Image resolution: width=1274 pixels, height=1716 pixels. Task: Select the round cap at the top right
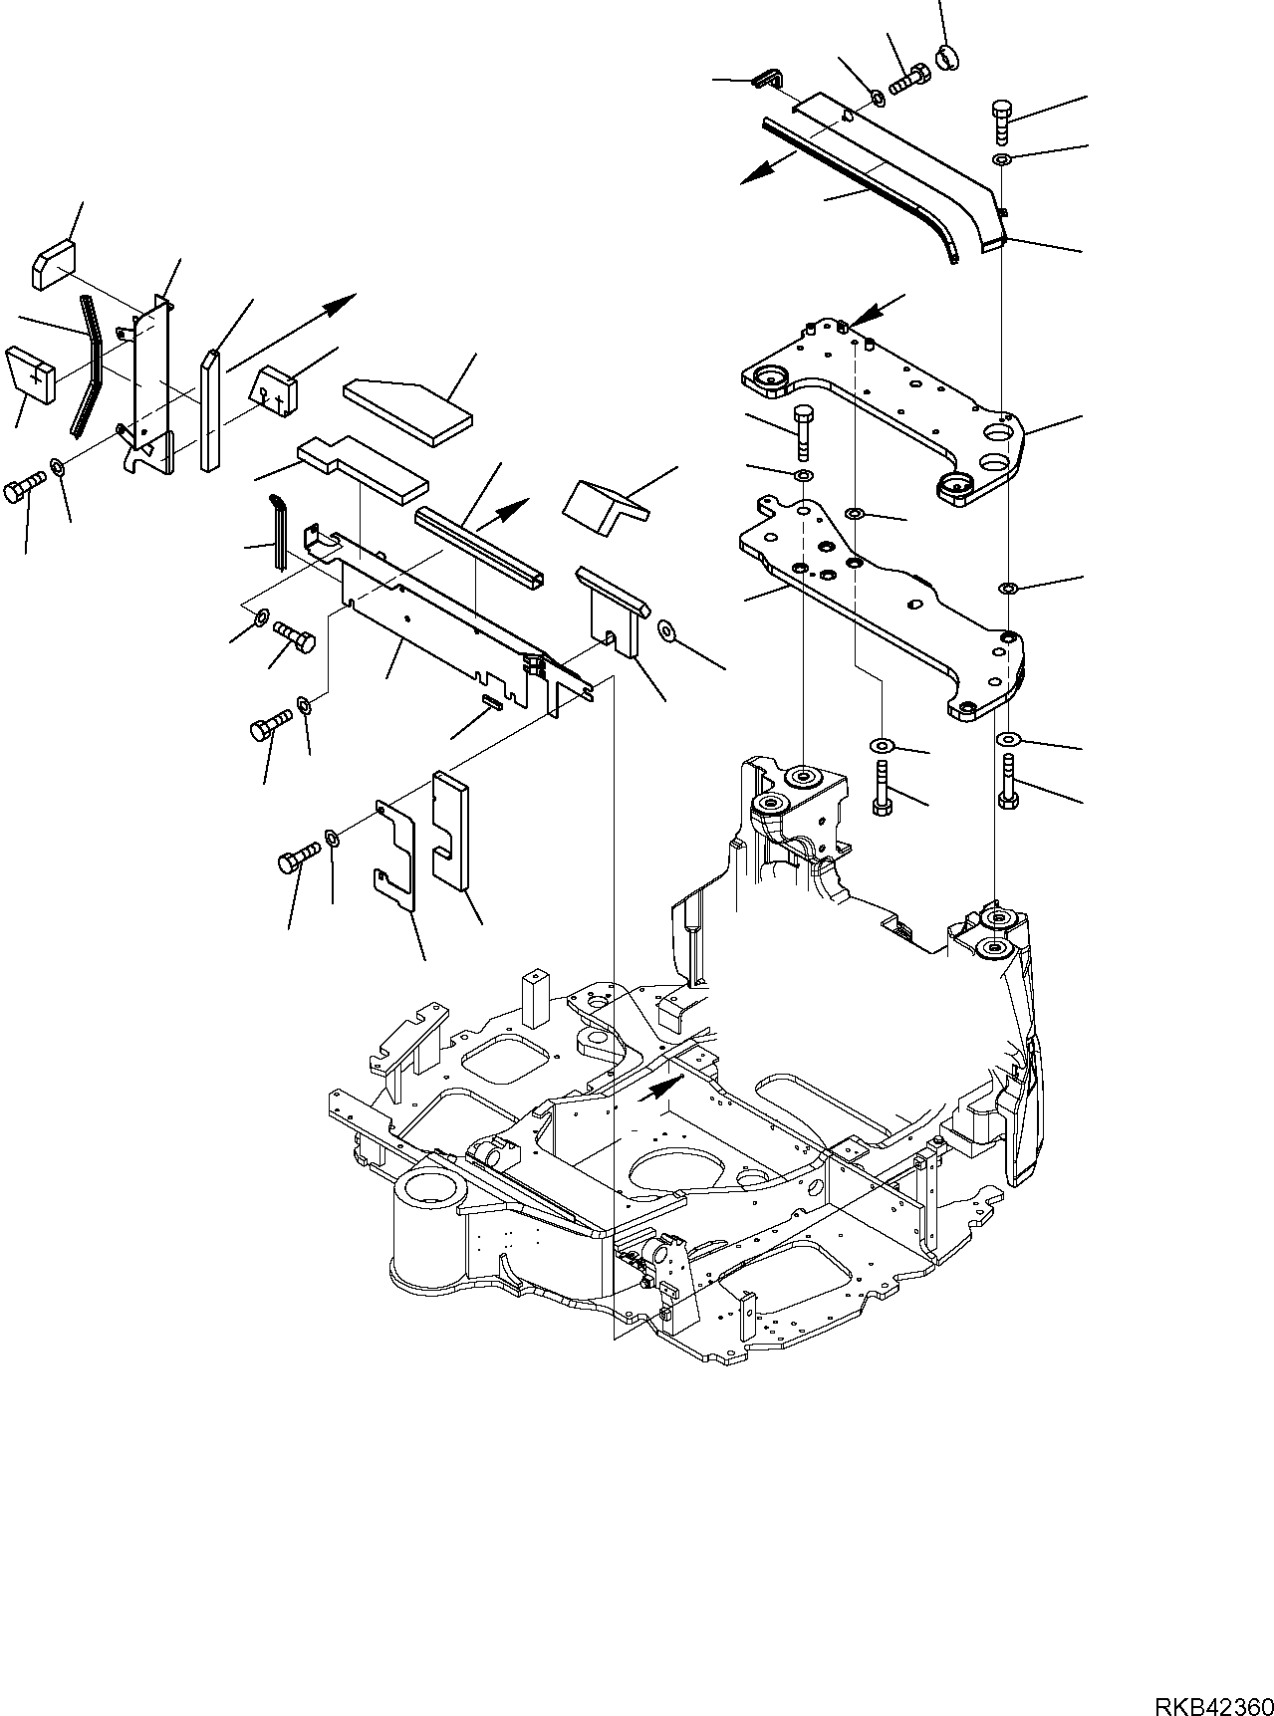[947, 58]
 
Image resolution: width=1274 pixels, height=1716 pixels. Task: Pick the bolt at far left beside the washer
[25, 490]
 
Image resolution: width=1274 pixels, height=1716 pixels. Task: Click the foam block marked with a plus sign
[33, 373]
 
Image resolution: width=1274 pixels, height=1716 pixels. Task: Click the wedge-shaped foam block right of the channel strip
[602, 501]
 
